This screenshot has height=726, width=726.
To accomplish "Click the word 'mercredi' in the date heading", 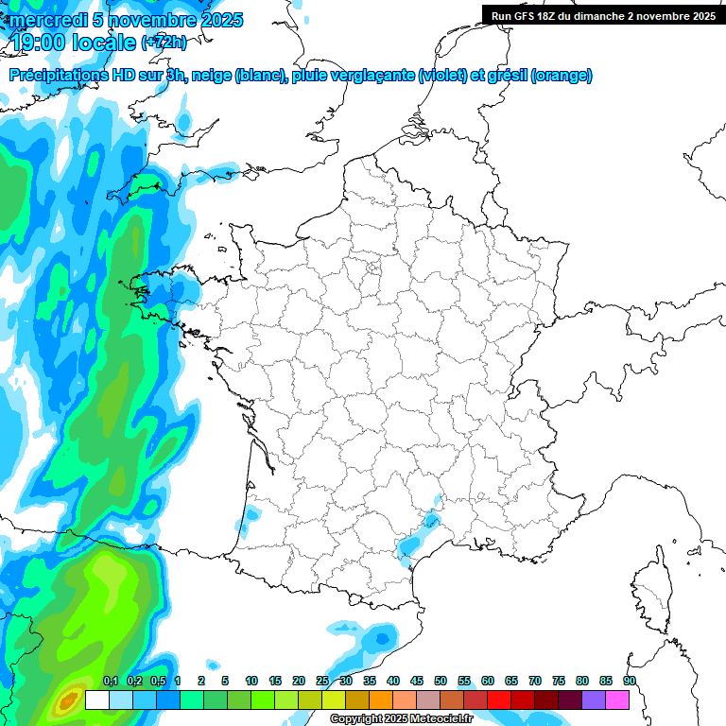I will pyautogui.click(x=43, y=20).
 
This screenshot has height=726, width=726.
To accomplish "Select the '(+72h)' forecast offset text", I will pyautogui.click(x=164, y=43).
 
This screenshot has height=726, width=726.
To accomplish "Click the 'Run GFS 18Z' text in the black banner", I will pyautogui.click(x=523, y=15).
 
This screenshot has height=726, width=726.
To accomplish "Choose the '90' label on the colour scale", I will pyautogui.click(x=629, y=681).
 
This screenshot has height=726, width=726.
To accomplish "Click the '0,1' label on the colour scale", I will pyautogui.click(x=110, y=681).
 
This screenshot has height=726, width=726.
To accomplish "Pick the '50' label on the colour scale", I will pyautogui.click(x=441, y=681).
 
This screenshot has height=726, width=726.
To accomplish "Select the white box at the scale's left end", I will pyautogui.click(x=96, y=700).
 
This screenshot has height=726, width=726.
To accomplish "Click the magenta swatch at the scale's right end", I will pyautogui.click(x=617, y=700).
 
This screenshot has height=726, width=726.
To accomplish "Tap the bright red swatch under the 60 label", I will pyautogui.click(x=499, y=700).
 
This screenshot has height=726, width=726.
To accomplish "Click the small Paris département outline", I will pyautogui.click(x=373, y=268).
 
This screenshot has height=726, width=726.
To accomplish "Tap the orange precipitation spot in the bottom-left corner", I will pyautogui.click(x=67, y=701).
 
